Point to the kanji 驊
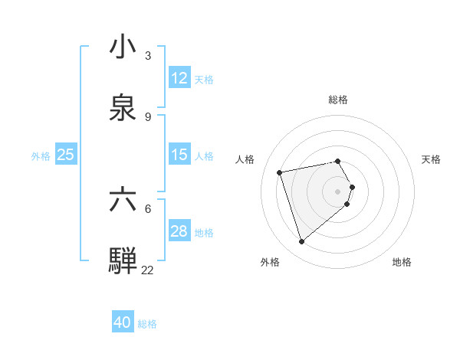point(123,260)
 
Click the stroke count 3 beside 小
point(148,55)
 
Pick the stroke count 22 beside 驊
point(147,270)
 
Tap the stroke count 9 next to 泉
point(148,116)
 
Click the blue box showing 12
point(179,78)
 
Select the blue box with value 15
point(179,155)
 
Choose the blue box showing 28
point(179,231)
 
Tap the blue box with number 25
point(65,155)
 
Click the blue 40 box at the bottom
point(123,322)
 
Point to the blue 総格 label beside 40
point(147,324)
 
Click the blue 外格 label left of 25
point(41,156)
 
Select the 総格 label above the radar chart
point(338,100)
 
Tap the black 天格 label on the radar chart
point(432,159)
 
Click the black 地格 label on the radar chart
point(402,262)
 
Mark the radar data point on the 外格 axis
point(301,242)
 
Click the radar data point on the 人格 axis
point(280,172)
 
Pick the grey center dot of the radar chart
point(338,191)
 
